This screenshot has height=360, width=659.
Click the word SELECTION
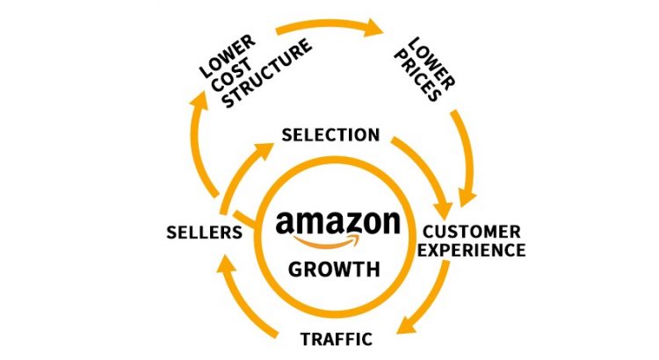coord(329,135)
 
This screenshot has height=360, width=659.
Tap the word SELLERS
coord(204,233)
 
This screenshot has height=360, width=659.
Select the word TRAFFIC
coord(336,338)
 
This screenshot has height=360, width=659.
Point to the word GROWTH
coord(337,269)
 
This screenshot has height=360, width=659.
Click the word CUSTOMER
coord(471,232)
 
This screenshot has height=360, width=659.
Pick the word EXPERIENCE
coord(471,250)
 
